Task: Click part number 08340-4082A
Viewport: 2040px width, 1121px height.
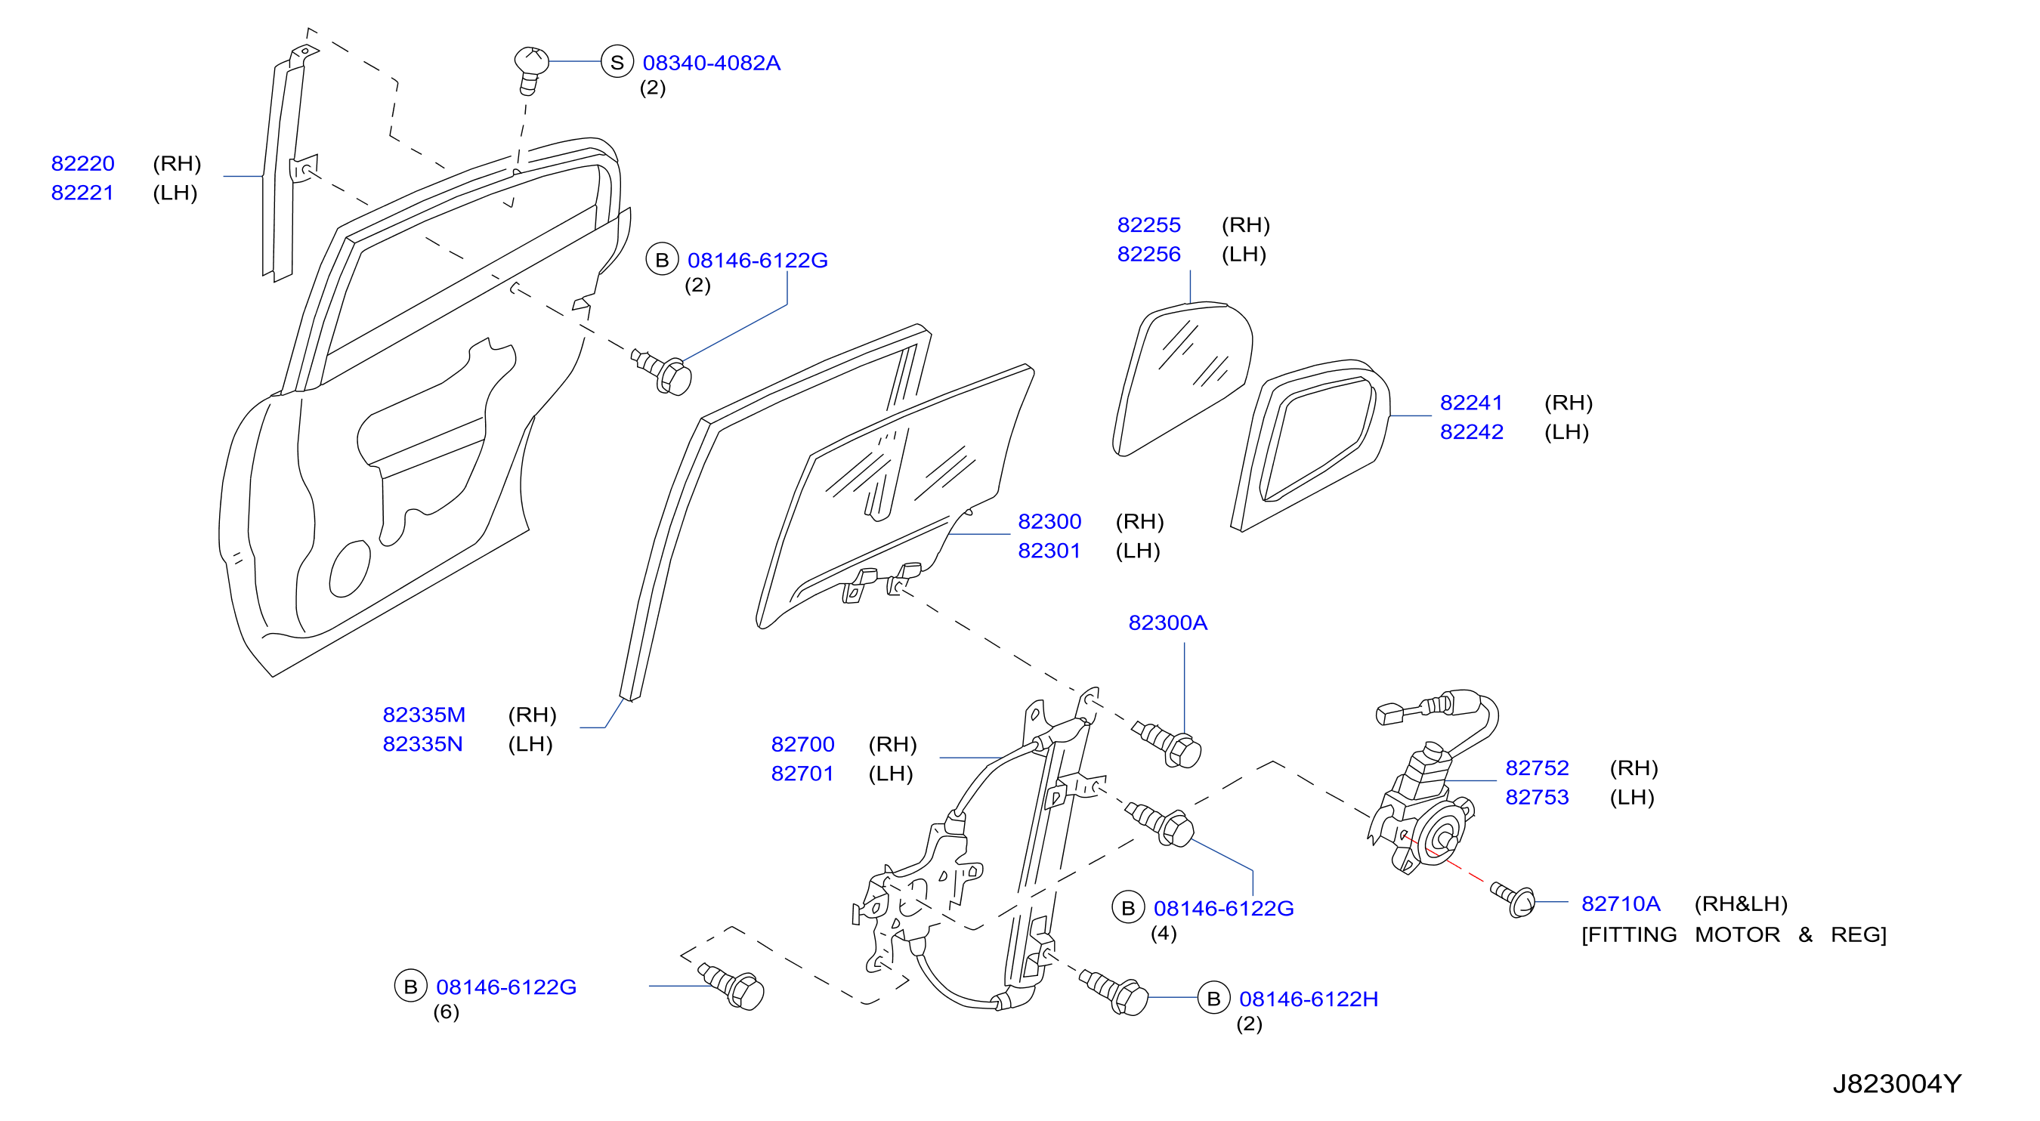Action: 711,63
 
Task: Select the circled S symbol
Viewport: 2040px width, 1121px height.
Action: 617,62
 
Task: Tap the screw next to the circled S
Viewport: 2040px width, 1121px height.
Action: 531,69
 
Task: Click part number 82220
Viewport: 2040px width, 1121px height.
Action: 83,163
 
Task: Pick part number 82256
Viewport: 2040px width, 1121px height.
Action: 1148,254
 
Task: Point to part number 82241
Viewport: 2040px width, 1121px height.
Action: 1470,403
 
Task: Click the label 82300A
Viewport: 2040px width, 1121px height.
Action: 1167,623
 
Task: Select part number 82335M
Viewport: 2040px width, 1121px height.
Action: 424,715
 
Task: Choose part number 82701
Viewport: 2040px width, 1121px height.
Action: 802,774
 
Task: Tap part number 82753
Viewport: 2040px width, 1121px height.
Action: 1536,797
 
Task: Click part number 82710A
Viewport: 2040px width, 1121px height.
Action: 1620,904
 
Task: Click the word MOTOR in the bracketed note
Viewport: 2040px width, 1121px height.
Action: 1737,935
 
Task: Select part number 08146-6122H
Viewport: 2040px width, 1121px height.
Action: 1309,999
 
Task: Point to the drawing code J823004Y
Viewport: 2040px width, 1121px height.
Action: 1896,1084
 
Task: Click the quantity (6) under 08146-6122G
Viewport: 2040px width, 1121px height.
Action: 446,1011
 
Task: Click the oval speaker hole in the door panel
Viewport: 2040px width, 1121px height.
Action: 349,568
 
